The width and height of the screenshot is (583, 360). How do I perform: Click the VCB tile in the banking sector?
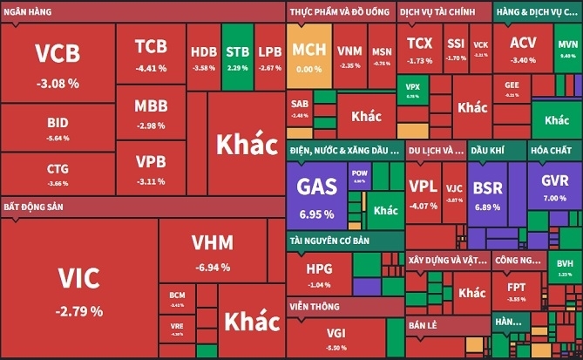58,63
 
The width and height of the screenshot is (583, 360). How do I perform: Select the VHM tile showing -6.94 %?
213,251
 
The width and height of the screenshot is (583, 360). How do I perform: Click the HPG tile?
319,275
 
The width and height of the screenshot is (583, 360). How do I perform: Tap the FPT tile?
517,289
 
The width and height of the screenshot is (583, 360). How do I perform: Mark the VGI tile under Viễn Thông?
336,338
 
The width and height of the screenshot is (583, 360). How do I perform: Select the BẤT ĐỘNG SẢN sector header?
36,207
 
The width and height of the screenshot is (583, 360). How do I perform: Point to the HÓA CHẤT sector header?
551,150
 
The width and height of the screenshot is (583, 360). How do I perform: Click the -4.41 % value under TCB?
151,67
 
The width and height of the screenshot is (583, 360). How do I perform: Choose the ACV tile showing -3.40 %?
524,48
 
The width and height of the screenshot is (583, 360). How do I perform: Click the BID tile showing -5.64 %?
58,129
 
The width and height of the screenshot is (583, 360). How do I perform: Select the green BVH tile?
565,266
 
